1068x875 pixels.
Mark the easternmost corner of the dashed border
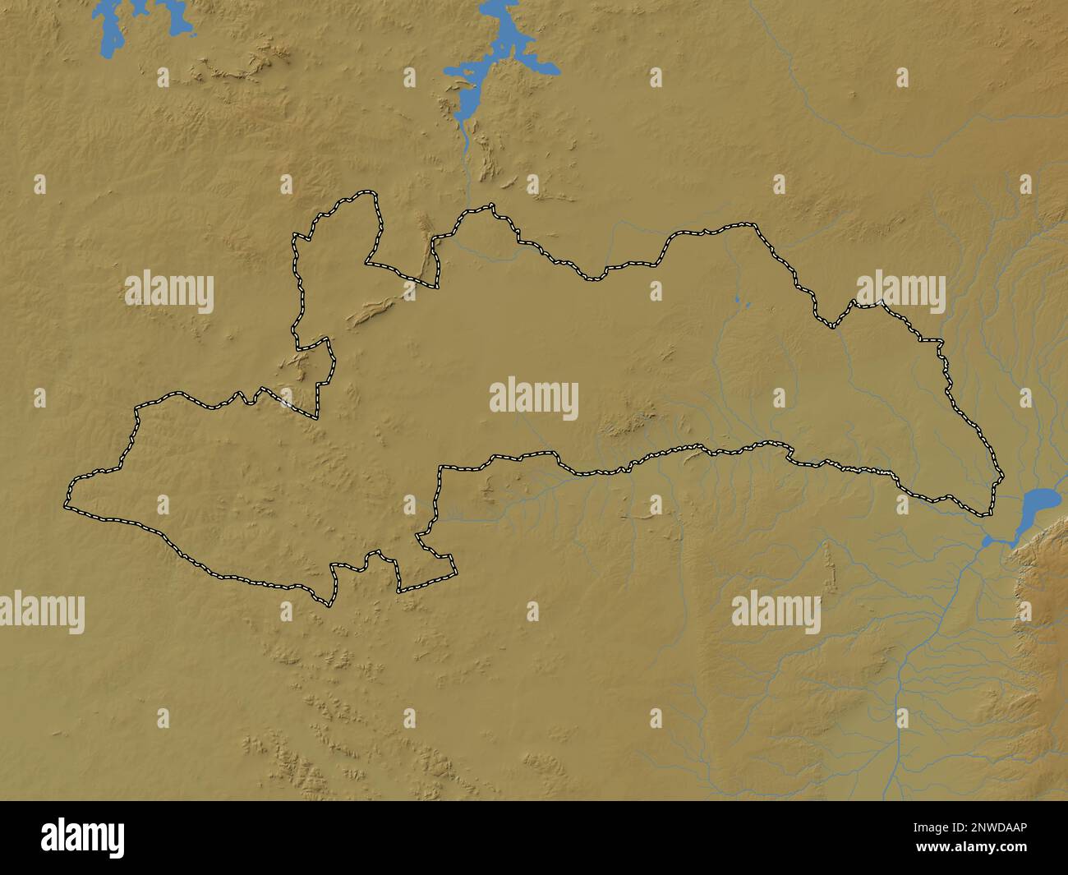point(1001,477)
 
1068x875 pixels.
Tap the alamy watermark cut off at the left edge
point(41,612)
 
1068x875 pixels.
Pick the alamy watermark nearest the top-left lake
point(168,292)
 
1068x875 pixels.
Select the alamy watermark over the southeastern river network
point(776,612)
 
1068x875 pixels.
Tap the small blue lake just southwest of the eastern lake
point(988,541)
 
